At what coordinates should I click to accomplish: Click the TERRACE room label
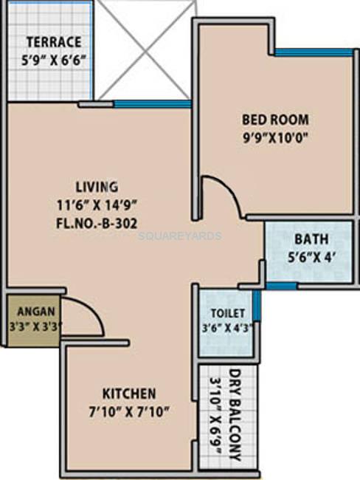point(53,42)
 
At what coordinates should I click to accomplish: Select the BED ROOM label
point(275,119)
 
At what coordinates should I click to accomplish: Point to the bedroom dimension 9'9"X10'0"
point(275,137)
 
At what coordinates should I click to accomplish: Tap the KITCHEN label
point(128,393)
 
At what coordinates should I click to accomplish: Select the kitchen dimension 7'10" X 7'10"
point(128,411)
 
